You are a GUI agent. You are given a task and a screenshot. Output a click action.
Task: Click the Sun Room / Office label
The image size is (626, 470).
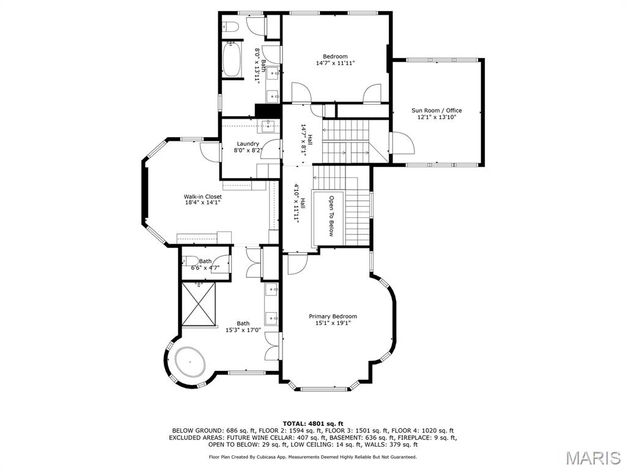(436, 110)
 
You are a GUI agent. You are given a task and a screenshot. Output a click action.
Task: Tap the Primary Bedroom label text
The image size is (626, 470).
(333, 316)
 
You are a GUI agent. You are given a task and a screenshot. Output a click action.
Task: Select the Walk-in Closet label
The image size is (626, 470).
(202, 196)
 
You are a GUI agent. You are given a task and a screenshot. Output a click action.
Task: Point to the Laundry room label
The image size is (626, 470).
(248, 144)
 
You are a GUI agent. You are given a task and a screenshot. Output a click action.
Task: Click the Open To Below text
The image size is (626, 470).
(331, 216)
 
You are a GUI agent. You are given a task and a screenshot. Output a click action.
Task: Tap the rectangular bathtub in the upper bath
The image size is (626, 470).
(232, 59)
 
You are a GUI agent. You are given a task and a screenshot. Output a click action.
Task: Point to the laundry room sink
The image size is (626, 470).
(268, 126)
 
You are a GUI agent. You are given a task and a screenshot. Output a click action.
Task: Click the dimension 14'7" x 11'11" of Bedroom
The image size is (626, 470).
(335, 63)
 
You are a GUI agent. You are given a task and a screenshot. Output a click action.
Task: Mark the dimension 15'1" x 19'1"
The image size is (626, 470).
(333, 324)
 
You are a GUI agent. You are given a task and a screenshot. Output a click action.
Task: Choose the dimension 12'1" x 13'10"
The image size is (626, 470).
(436, 117)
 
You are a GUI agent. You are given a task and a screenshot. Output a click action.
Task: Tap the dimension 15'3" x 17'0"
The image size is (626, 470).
(243, 330)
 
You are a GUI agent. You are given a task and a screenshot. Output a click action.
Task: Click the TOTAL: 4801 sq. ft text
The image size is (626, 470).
(312, 423)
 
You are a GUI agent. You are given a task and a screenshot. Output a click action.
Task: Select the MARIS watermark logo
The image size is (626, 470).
(592, 458)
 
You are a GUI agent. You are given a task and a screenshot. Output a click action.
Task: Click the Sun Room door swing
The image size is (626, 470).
(403, 144)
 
